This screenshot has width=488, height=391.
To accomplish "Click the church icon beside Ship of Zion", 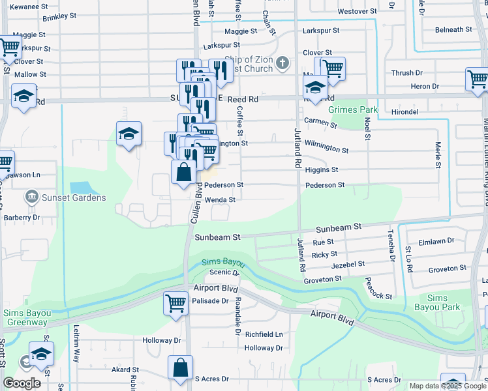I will (282, 63).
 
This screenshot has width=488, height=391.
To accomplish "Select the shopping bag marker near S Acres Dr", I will (180, 368).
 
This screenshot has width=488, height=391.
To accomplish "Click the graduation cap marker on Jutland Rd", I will (315, 88).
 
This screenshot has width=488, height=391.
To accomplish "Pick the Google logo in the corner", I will (22, 383).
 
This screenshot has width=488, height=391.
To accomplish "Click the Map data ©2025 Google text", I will (447, 386).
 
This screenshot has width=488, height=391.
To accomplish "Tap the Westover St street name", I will (358, 11).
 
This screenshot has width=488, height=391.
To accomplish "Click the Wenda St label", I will (220, 199).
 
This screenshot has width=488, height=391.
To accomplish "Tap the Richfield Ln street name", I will (264, 334).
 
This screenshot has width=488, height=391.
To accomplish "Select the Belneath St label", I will (453, 29).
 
